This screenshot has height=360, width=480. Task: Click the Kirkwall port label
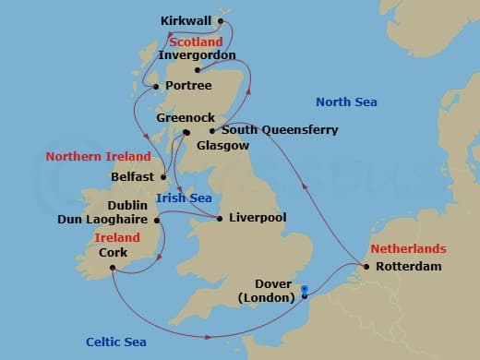coord(185,19)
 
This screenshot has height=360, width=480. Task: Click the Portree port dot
coord(155,87)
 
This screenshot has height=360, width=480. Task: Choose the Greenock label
coord(186,119)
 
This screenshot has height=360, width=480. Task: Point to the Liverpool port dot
coord(219,218)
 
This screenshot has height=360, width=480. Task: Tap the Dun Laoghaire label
coord(102,220)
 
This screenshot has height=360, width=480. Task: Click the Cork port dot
coord(111,269)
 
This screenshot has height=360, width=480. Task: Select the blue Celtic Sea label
coord(117,342)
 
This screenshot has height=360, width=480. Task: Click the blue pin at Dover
coord(304,290)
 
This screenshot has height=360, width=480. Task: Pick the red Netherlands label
coord(408,249)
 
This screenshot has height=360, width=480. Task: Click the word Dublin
coord(126,206)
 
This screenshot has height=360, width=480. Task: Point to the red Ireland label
coord(117,237)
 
